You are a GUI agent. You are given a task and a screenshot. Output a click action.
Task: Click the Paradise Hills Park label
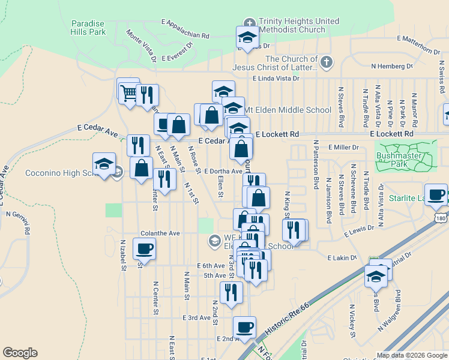[x=88, y=27]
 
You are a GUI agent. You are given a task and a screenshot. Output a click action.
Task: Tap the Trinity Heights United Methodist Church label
[x=298, y=25]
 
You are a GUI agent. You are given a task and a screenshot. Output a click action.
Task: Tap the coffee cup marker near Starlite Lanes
[x=438, y=195]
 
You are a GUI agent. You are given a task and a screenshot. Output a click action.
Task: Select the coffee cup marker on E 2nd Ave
[x=244, y=328]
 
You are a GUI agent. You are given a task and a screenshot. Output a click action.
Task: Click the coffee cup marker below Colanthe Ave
[x=144, y=248]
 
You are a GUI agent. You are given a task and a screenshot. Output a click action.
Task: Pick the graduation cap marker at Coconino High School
[x=104, y=164]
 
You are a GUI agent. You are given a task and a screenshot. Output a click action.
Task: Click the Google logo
[x=20, y=353]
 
